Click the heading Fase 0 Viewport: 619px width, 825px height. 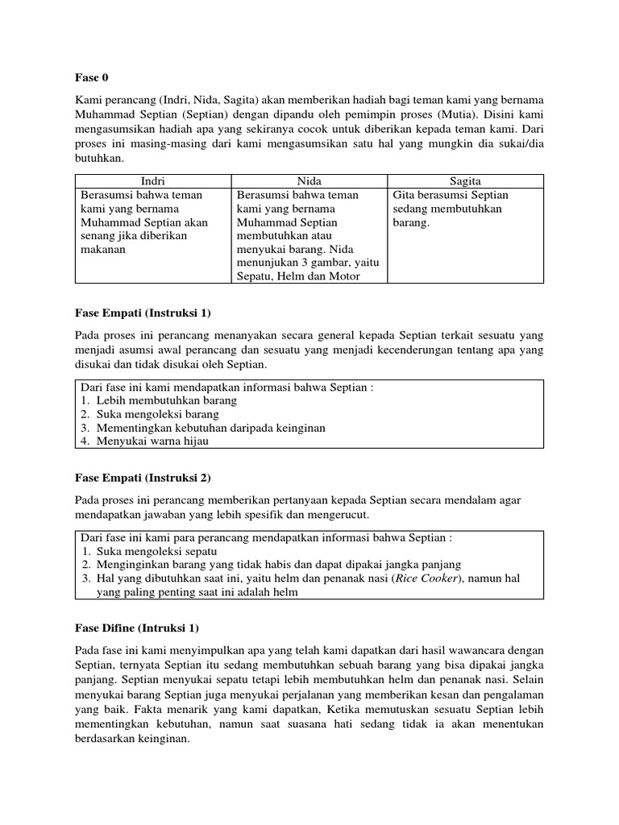(x=91, y=78)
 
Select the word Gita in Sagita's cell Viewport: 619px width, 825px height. (x=405, y=196)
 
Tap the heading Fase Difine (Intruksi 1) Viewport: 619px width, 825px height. (x=136, y=628)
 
